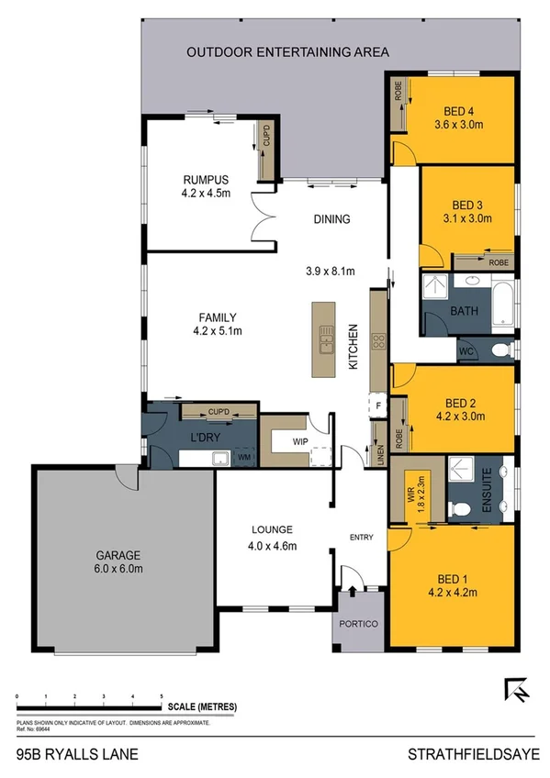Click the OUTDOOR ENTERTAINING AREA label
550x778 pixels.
(288, 52)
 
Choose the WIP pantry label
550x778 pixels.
(299, 441)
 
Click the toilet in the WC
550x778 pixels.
(499, 350)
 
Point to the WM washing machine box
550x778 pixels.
(243, 456)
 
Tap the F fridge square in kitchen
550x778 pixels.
(376, 405)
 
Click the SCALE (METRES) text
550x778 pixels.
(201, 706)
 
